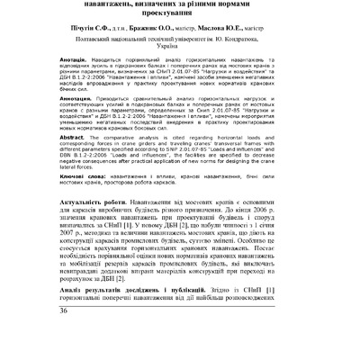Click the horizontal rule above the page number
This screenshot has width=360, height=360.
(x=180, y=329)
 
